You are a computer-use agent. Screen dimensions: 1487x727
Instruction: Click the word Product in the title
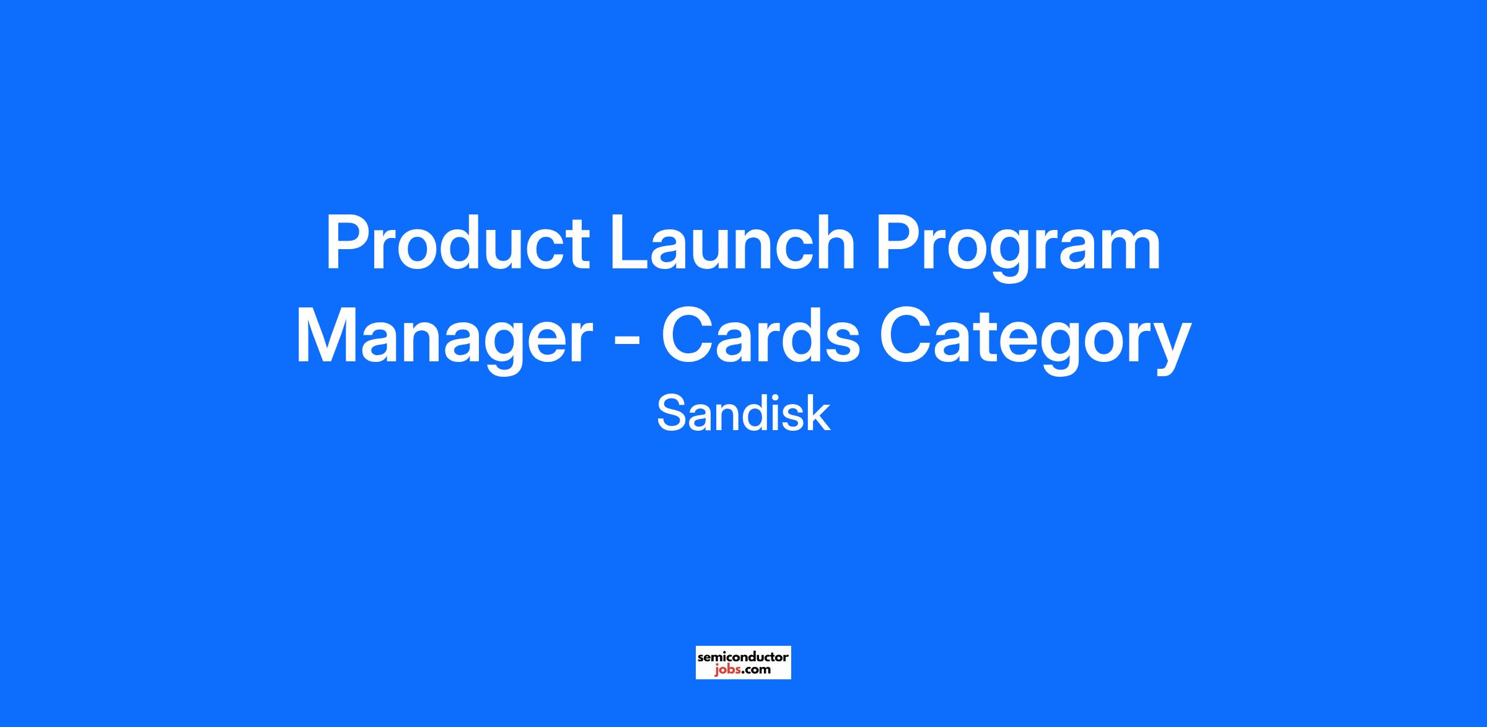click(458, 242)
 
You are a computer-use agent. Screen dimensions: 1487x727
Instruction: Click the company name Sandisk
click(743, 413)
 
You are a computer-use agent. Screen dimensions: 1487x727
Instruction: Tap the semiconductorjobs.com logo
click(743, 663)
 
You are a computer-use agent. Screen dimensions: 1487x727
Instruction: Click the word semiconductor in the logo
click(743, 656)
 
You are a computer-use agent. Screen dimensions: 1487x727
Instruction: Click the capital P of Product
click(347, 242)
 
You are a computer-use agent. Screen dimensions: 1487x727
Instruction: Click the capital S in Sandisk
click(672, 413)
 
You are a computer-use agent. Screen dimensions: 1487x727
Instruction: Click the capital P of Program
click(897, 242)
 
